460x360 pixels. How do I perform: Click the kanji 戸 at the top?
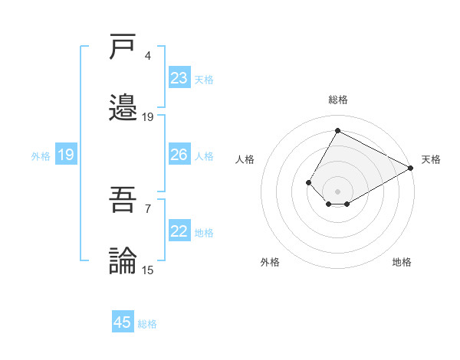coord(123,48)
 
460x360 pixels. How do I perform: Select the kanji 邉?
coord(123,108)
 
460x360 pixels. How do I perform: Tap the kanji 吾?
coord(123,201)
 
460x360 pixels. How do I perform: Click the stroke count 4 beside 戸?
coord(148,56)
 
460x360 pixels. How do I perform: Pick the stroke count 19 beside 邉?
coord(148,116)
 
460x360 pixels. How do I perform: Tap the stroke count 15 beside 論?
coord(148,269)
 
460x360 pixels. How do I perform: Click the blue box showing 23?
coord(179,78)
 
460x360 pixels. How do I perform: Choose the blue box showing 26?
coord(179,155)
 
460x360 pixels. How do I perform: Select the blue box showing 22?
coord(179,231)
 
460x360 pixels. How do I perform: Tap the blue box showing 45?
coord(123,322)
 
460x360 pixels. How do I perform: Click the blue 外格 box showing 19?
coord(66,155)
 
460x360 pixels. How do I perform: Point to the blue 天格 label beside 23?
coord(204,79)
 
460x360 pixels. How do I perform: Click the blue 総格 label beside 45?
coord(147,323)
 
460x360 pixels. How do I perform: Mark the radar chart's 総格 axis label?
coord(337,100)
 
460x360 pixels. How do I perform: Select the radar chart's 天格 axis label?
coord(431,159)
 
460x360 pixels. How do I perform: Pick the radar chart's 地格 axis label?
coord(402,262)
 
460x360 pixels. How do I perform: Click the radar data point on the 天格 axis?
coord(411,169)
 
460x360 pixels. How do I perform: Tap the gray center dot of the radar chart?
coord(337,191)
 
